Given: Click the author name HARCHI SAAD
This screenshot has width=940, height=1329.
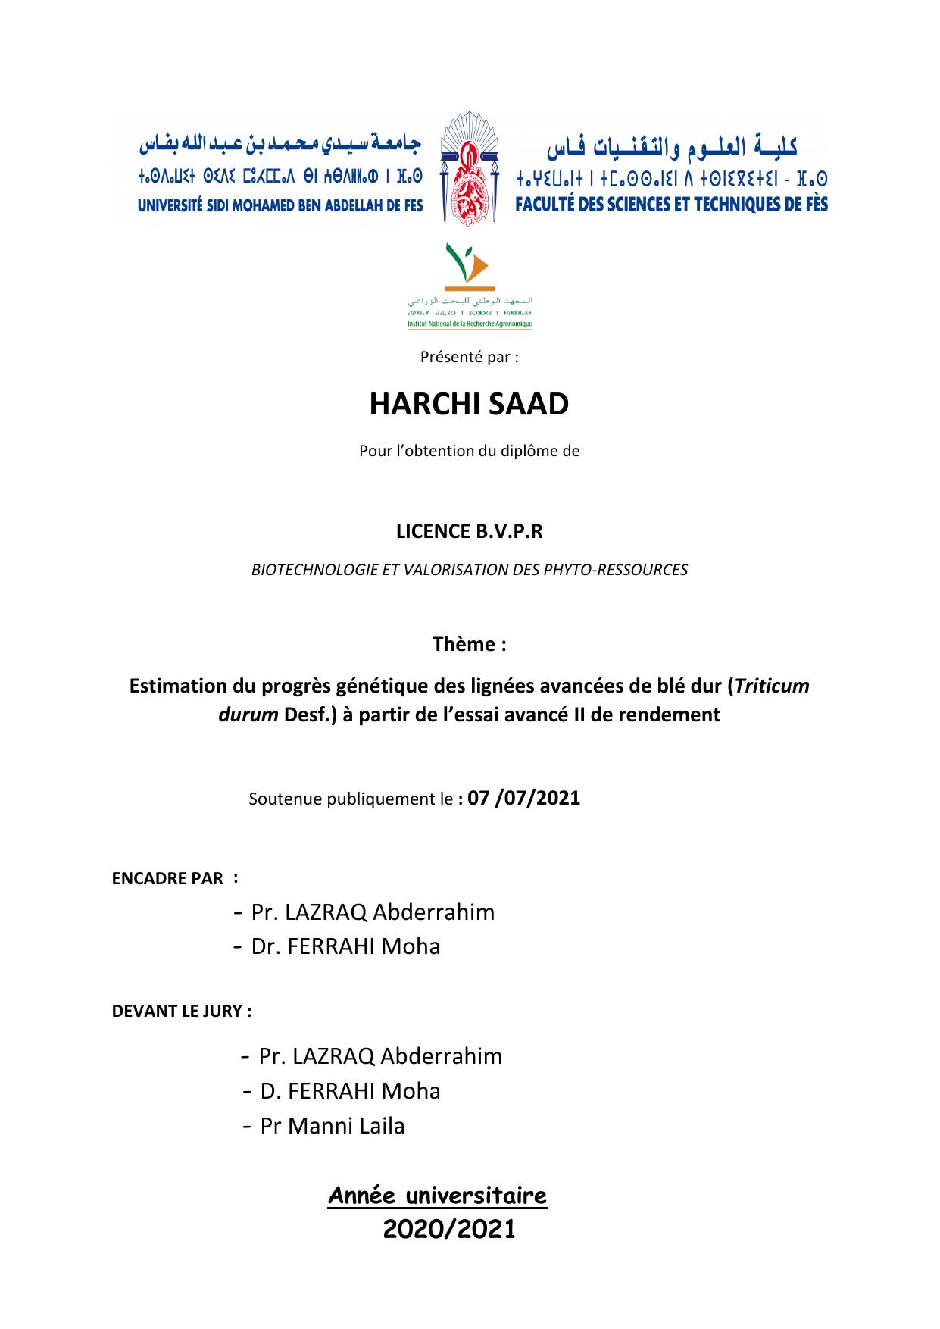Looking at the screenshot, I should tap(469, 405).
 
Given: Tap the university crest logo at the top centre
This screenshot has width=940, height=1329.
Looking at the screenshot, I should tap(470, 169).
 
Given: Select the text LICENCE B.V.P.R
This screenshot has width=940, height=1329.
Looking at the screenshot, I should tap(469, 532).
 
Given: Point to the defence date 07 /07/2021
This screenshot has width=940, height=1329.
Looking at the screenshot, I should tap(524, 798).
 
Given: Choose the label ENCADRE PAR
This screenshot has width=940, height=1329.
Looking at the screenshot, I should tap(167, 879).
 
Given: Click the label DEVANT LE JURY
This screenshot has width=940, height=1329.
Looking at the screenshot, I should tap(181, 1012).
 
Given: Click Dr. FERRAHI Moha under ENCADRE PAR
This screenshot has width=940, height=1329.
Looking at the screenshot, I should tap(345, 946).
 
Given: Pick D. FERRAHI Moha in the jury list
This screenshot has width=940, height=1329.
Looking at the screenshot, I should tap(350, 1091).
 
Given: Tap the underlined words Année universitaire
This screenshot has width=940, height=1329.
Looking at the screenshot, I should tap(437, 1196).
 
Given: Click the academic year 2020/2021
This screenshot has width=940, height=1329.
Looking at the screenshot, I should tap(449, 1230).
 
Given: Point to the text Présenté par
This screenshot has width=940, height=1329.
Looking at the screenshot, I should tap(469, 357).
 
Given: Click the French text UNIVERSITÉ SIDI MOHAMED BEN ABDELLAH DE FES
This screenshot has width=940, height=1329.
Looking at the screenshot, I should tap(280, 205).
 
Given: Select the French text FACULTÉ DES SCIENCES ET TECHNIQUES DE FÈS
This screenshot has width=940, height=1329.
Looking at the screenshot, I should tap(671, 205).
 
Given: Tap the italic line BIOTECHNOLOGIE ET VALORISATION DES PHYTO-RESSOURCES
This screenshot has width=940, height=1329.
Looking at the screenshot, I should tap(469, 570).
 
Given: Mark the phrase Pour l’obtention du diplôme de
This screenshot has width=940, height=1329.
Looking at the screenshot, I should tap(469, 451).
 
